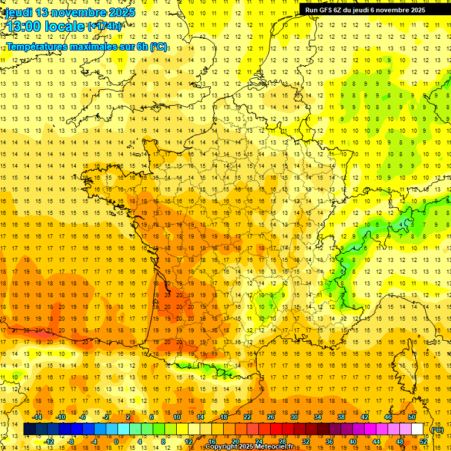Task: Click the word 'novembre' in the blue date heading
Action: [x=76, y=12]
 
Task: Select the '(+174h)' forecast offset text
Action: [x=104, y=26]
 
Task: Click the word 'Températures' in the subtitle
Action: [x=35, y=47]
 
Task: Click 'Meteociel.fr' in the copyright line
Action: [x=278, y=447]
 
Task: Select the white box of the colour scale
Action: [x=418, y=429]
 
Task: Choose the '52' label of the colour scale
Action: [x=423, y=442]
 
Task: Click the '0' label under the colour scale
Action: [x=116, y=442]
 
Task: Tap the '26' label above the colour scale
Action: [x=271, y=417]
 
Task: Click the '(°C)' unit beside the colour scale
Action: [x=437, y=429]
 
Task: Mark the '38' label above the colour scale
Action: [x=341, y=417]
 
